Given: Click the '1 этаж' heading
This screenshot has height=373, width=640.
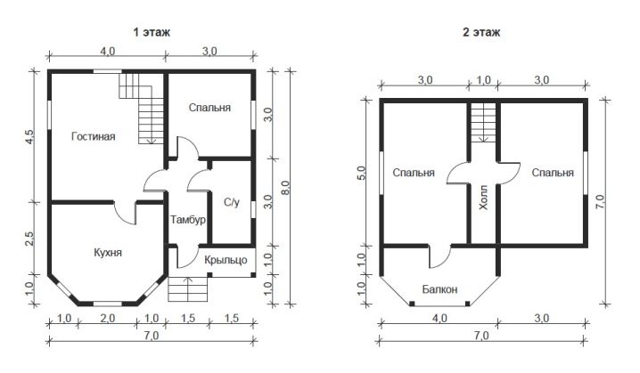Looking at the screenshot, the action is (x=152, y=32).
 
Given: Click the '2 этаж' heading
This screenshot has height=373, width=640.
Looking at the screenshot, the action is (x=481, y=32).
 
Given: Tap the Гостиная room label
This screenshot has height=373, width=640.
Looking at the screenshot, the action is (x=94, y=136).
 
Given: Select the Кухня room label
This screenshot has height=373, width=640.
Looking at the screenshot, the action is (x=108, y=253).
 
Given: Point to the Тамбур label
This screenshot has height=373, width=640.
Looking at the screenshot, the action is (x=188, y=220).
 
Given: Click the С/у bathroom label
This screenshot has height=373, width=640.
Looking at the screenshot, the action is (x=232, y=202).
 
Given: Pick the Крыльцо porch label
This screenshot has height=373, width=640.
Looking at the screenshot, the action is (x=226, y=260).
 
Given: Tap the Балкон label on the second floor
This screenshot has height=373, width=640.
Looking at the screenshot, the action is (x=439, y=289).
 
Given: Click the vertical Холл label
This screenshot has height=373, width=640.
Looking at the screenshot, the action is (x=483, y=198).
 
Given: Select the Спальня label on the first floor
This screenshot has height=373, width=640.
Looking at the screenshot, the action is (x=209, y=108).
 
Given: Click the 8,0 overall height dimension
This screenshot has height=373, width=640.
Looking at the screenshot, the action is (x=285, y=188).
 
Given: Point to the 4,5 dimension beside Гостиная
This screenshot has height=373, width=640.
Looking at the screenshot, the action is (x=29, y=136).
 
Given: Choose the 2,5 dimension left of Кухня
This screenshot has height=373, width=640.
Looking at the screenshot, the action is (x=29, y=239).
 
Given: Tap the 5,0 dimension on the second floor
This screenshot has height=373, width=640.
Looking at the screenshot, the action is (x=362, y=173).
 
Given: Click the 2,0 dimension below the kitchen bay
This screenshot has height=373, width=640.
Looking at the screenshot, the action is (x=107, y=318).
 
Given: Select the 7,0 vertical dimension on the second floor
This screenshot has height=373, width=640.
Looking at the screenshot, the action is (x=600, y=202).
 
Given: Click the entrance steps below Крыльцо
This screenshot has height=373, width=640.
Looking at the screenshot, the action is (x=188, y=289).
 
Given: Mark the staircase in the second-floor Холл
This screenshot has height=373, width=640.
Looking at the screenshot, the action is (x=483, y=122).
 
